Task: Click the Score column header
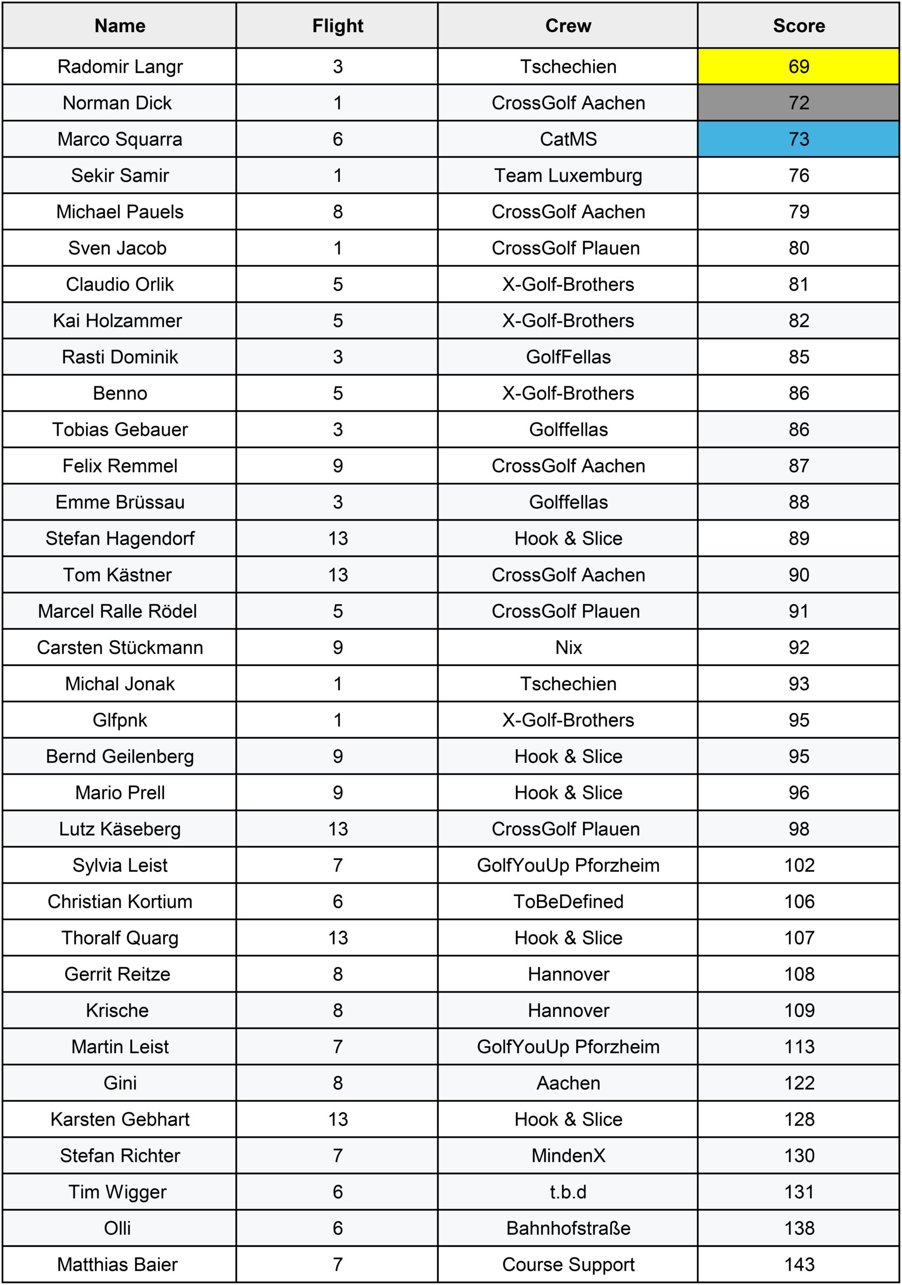point(799,26)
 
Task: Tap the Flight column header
point(337,26)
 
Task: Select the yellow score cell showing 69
point(799,67)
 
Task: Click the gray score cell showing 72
point(799,103)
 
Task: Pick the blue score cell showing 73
point(799,140)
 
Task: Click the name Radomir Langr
point(120,67)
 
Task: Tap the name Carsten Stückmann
point(120,648)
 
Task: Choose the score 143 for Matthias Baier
point(799,1264)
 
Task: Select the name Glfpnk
point(120,720)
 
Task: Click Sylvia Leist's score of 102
point(799,865)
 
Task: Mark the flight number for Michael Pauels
point(337,212)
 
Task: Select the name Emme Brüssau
point(120,502)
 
